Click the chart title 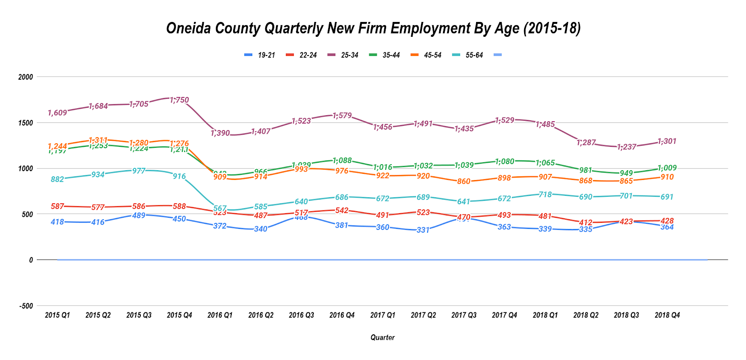[373, 28]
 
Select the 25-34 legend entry [349, 55]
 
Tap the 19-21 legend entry [266, 55]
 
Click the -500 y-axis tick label [26, 306]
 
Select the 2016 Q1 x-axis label [220, 315]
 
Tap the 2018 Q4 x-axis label [667, 315]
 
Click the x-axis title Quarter [382, 338]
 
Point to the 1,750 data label [180, 100]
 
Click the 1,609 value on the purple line [57, 113]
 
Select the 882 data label [57, 179]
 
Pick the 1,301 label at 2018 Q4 [667, 141]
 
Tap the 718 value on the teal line [545, 194]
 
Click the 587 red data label [57, 206]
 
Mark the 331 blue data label [423, 230]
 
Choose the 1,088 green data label [342, 161]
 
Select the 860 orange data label [464, 181]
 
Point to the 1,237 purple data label [627, 147]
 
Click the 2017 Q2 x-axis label [423, 315]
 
